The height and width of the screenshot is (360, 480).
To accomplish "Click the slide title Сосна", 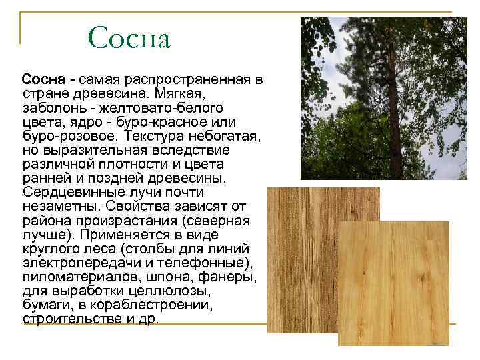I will (x=129, y=38).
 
